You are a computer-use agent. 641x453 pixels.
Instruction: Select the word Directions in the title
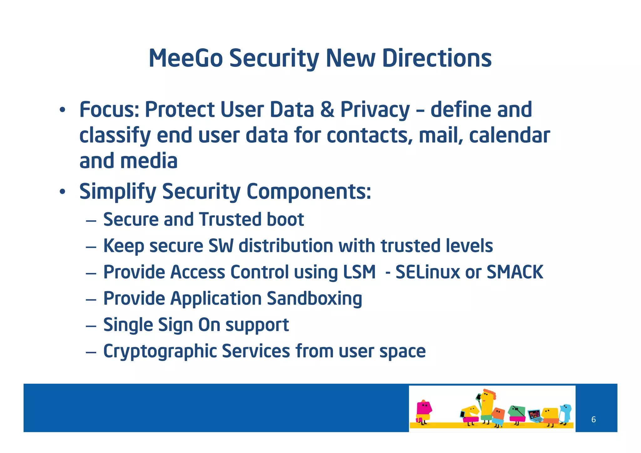(437, 59)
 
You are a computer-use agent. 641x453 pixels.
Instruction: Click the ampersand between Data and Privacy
(327, 110)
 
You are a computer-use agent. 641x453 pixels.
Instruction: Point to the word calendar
(509, 136)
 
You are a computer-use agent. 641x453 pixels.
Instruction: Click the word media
(149, 161)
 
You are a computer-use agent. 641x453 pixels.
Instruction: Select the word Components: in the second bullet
(309, 192)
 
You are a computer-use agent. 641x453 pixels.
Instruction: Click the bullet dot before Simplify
(63, 192)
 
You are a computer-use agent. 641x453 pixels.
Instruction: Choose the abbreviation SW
(221, 246)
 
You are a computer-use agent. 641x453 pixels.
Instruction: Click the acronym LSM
(359, 272)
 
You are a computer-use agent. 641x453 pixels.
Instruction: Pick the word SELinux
(428, 272)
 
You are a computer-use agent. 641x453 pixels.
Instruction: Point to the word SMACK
(515, 272)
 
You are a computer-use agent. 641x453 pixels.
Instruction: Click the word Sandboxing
(314, 298)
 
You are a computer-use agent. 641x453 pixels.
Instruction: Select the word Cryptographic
(160, 351)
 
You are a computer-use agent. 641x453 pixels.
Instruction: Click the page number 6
(593, 420)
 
